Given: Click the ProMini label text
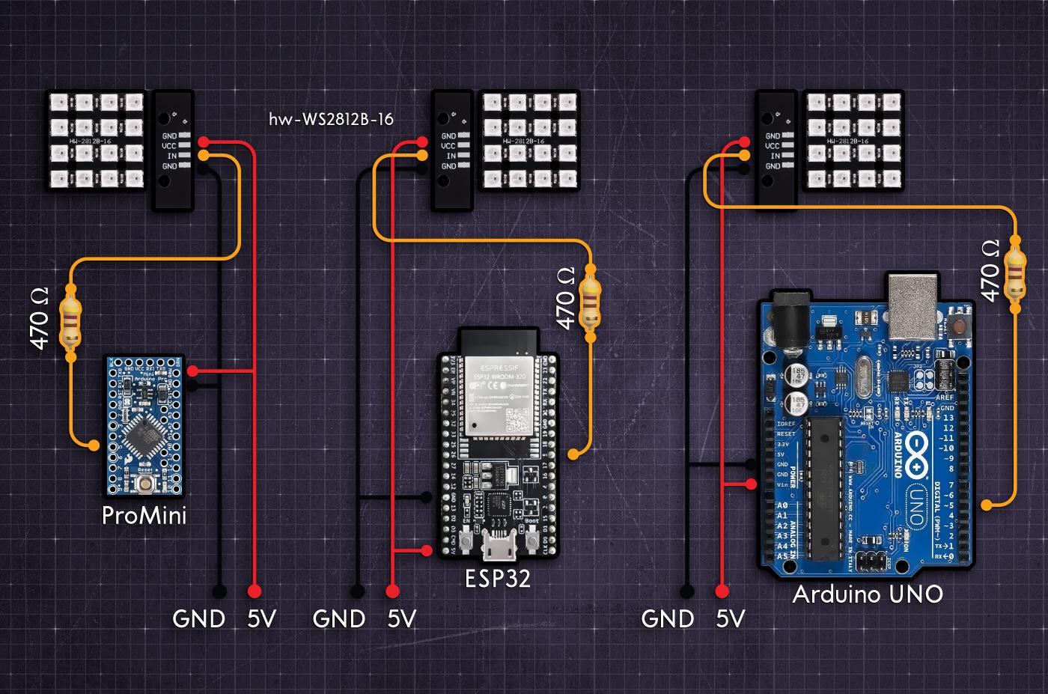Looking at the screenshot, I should pos(144,517).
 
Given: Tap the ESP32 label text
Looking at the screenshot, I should pos(498,579).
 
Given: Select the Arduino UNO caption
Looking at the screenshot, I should pos(867,595).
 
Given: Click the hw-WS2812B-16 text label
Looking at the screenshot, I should pos(331,119).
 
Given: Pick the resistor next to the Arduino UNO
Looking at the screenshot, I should pos(1014,274).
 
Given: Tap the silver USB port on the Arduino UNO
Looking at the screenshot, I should pos(912,305).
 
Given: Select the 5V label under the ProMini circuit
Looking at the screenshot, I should pos(261,619).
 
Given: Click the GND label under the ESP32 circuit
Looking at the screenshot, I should pos(339,619).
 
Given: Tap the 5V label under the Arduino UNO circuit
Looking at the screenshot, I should pos(731,619).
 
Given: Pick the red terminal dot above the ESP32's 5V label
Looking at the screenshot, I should pos(391,592).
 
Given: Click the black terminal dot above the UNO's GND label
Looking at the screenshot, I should pos(685,592).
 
